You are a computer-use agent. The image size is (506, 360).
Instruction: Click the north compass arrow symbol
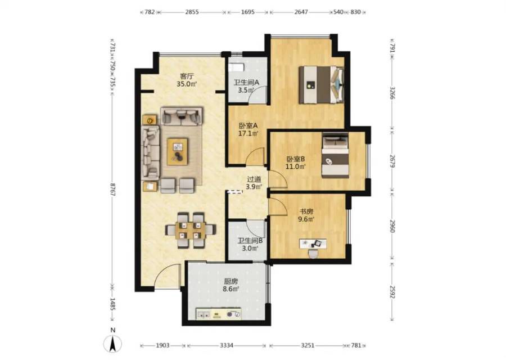112,344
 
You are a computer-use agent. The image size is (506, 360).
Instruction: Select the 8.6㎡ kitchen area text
231,289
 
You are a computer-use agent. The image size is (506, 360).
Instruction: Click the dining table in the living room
191,230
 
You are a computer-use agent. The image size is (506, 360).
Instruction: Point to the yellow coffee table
178,151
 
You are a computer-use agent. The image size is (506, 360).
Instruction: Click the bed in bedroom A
321,84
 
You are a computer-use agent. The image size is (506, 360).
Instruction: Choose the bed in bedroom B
335,156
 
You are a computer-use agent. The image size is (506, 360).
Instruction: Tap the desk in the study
313,244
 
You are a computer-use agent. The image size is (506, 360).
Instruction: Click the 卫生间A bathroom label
246,82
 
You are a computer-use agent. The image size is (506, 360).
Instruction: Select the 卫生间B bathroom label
250,241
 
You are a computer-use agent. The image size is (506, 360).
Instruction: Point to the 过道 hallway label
254,179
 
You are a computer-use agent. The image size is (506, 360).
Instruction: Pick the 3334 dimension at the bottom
227,345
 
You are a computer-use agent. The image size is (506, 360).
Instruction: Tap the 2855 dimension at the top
192,12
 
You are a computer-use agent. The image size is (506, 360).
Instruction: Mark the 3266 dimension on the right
392,93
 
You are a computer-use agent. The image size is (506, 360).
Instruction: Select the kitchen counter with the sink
219,313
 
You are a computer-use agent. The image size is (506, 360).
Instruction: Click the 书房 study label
307,212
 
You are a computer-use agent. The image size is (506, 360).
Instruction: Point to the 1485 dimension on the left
112,304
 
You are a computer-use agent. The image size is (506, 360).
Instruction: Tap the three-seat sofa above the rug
182,116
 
